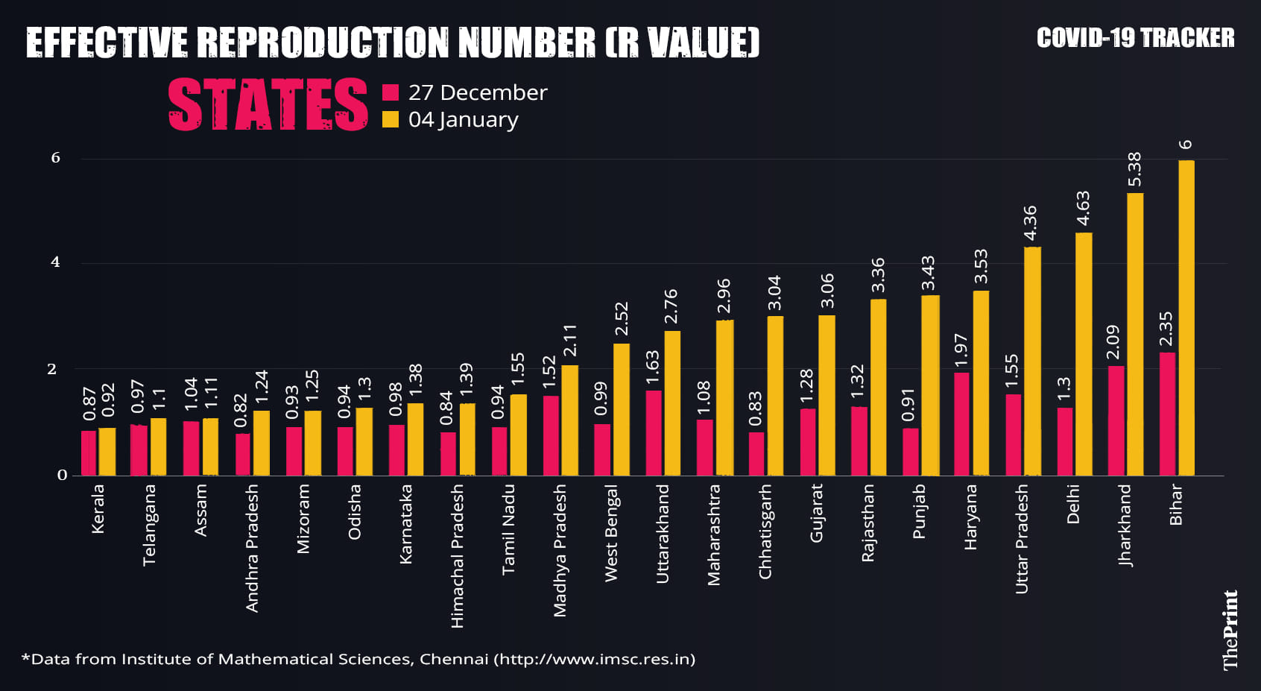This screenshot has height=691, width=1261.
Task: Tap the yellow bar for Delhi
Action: pyautogui.click(x=1084, y=354)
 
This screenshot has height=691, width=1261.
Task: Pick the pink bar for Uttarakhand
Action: pyautogui.click(x=653, y=433)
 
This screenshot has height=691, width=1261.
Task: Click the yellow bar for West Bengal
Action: pyautogui.click(x=622, y=409)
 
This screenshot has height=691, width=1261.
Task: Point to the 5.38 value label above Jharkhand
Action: pyautogui.click(x=1134, y=170)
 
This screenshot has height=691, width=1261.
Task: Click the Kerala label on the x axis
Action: pyautogui.click(x=98, y=509)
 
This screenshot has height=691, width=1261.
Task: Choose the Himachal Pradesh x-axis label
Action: pyautogui.click(x=458, y=556)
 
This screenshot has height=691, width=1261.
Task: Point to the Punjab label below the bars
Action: pyautogui.click(x=920, y=511)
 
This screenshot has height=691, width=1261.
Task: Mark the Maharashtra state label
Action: pyautogui.click(x=714, y=535)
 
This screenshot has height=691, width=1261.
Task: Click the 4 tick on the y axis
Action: pyautogui.click(x=56, y=262)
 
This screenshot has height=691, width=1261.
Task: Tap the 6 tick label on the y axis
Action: pyautogui.click(x=56, y=158)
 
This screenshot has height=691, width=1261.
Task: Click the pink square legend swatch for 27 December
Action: pyautogui.click(x=391, y=92)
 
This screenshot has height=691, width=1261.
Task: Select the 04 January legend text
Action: pyautogui.click(x=463, y=119)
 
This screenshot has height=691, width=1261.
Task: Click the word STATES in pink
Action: pyautogui.click(x=268, y=105)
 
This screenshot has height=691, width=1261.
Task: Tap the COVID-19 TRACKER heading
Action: pyautogui.click(x=1135, y=38)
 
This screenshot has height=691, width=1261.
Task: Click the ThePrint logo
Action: pyautogui.click(x=1230, y=630)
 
